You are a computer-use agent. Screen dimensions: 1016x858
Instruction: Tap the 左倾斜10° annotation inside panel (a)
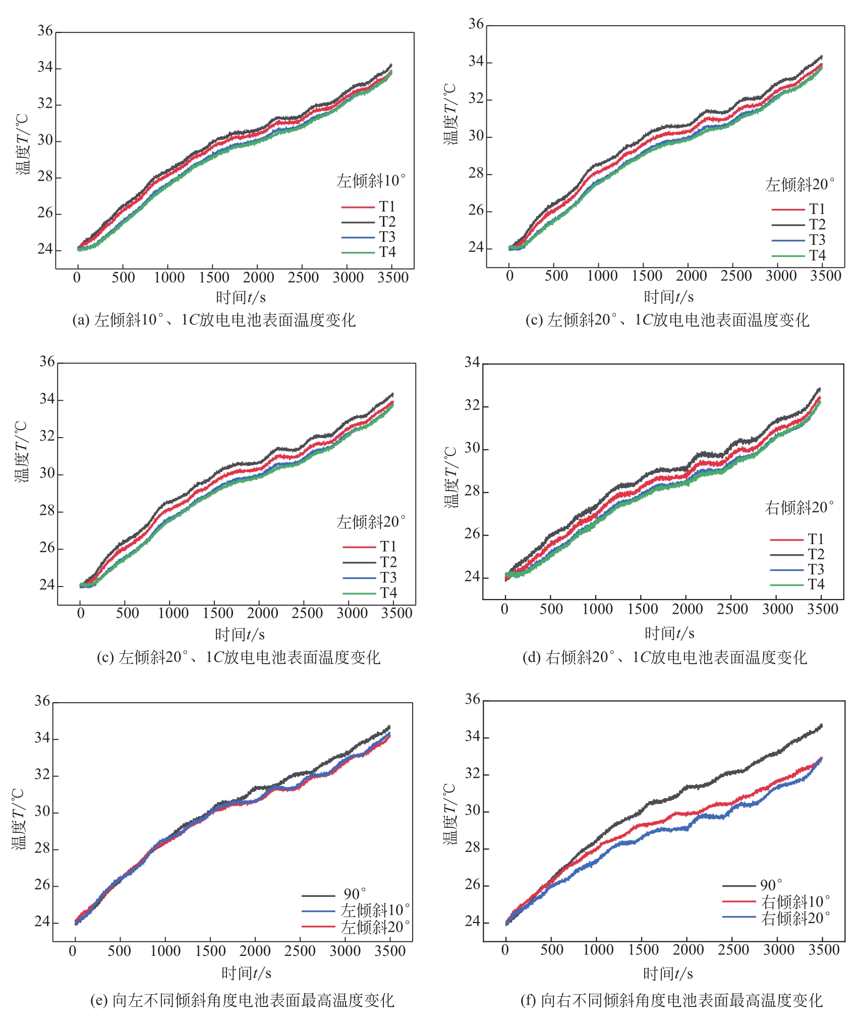click(371, 181)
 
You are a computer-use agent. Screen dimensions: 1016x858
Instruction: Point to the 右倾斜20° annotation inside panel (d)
click(799, 507)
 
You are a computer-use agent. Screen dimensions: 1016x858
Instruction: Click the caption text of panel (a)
click(214, 320)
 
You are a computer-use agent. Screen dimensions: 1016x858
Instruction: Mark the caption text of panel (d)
click(664, 657)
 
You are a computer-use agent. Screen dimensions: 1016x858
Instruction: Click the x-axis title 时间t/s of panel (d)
click(669, 633)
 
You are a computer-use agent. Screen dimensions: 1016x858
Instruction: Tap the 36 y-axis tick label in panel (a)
click(45, 31)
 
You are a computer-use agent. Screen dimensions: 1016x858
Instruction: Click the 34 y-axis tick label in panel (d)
click(472, 362)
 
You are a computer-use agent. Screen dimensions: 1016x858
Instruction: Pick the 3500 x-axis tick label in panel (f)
click(824, 949)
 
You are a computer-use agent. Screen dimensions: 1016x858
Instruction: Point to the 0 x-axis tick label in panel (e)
click(73, 951)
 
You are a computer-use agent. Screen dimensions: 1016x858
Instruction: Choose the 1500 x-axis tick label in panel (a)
click(214, 277)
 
